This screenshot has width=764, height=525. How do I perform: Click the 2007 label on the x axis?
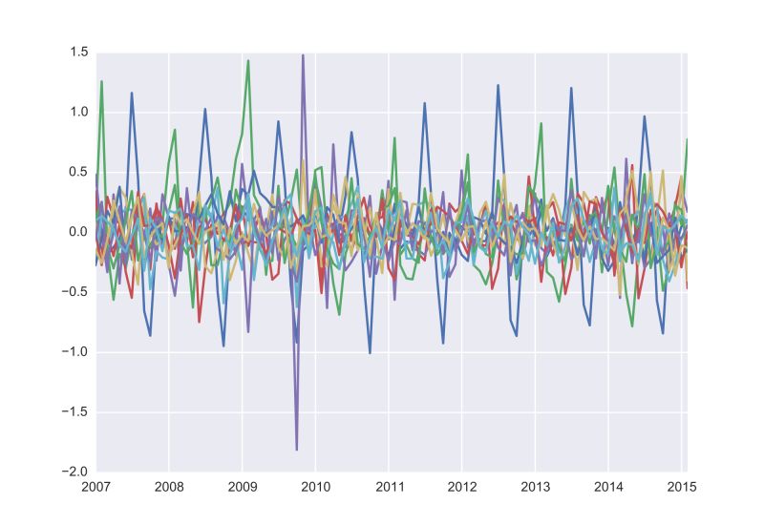click(x=95, y=487)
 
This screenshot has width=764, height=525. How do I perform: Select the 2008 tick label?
click(x=169, y=487)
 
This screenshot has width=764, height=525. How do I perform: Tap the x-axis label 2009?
click(x=243, y=487)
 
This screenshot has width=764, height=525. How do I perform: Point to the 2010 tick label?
click(x=315, y=487)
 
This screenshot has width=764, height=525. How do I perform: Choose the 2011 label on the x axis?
click(x=389, y=487)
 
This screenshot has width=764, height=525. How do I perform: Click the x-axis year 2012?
click(x=461, y=487)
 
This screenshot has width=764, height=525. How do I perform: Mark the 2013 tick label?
click(x=535, y=487)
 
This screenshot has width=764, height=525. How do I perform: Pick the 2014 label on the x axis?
click(x=608, y=487)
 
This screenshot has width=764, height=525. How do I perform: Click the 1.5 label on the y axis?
click(x=78, y=52)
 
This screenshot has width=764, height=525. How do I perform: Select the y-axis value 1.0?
click(x=78, y=113)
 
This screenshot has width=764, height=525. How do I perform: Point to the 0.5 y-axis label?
click(x=78, y=173)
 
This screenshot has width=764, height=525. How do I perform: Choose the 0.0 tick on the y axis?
click(x=78, y=232)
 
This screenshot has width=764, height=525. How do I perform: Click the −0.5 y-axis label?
click(x=74, y=292)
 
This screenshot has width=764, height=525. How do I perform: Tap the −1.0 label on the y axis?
click(x=74, y=352)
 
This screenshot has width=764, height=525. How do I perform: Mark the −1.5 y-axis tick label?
click(x=74, y=412)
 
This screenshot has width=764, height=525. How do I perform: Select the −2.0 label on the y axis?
click(x=74, y=472)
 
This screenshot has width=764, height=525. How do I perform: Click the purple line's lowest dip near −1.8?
click(x=297, y=449)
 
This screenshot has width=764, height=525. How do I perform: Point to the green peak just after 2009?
click(x=248, y=61)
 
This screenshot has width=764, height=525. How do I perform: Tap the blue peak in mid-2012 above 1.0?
click(x=498, y=86)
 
